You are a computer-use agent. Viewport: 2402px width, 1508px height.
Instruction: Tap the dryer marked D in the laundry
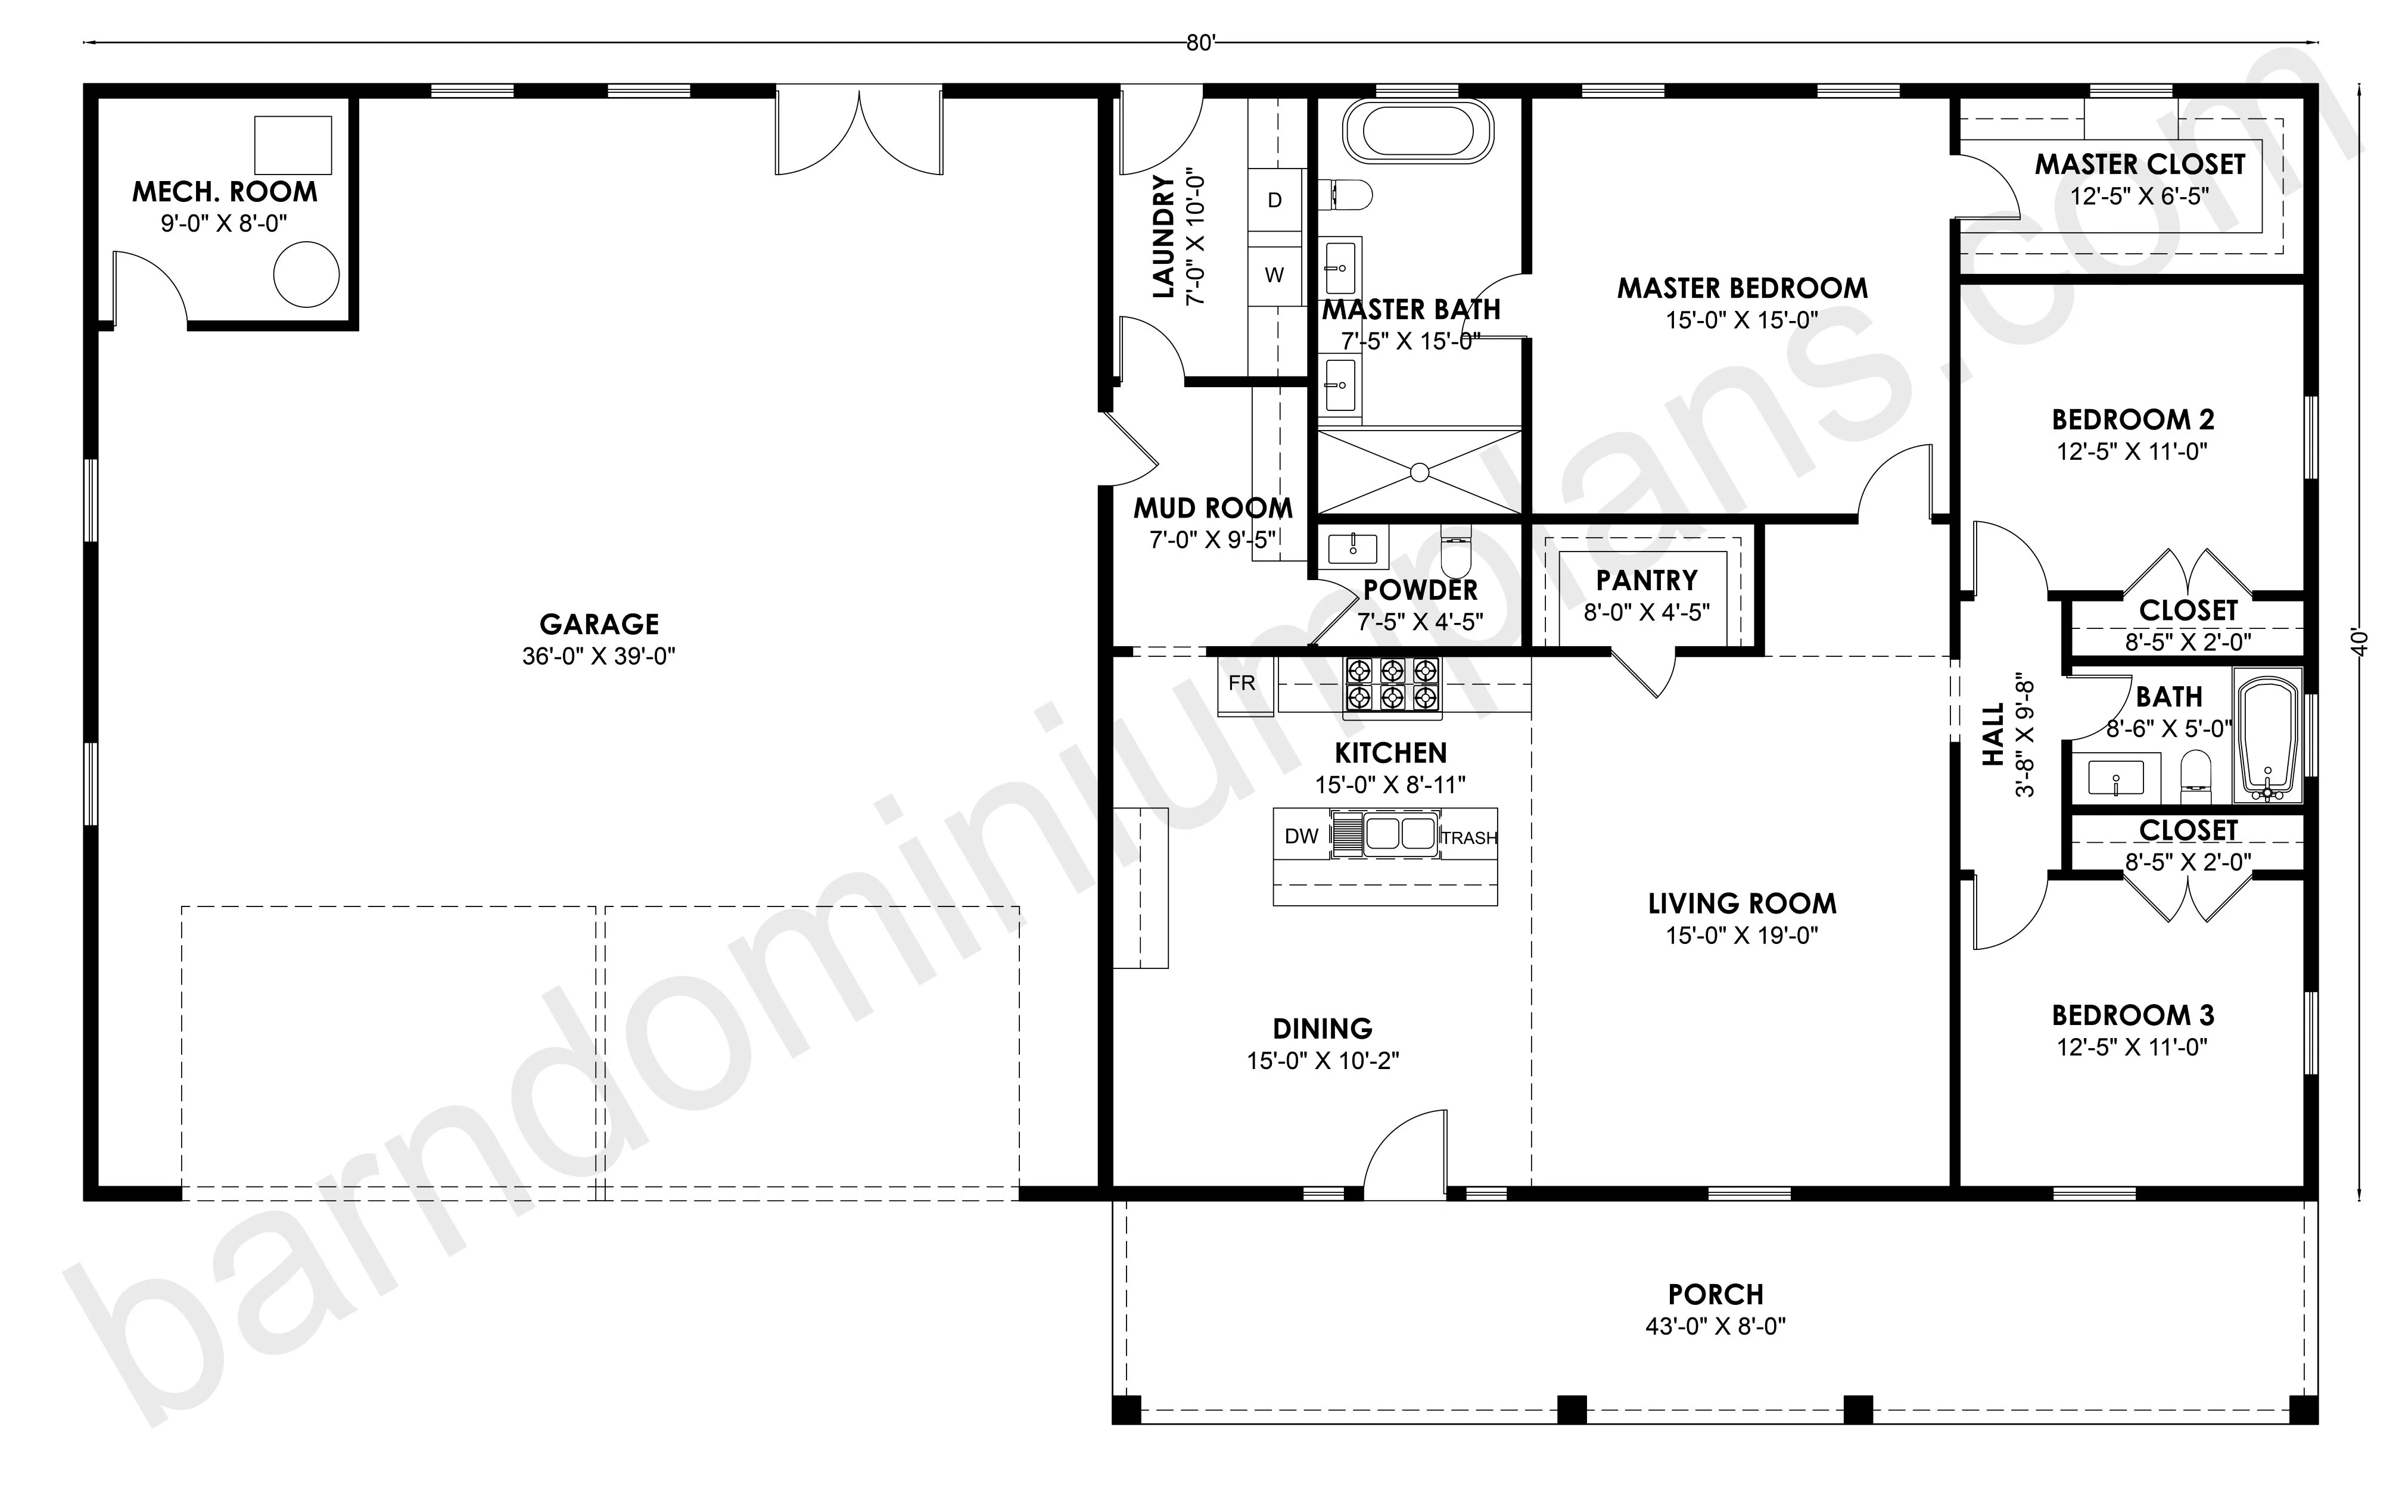pos(1275,201)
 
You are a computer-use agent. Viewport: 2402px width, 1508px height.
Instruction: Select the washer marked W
pos(1275,275)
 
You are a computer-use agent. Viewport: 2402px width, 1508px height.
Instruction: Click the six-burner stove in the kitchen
pos(1392,684)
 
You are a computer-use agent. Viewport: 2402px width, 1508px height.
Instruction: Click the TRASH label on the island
pos(1469,839)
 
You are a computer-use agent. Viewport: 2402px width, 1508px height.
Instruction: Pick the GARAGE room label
pos(599,624)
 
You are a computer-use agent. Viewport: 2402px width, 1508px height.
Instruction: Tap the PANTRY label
pos(1647,581)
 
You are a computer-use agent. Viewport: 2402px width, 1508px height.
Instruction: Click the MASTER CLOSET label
pos(2140,164)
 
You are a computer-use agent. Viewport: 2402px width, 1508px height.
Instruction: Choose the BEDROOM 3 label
pos(2133,1015)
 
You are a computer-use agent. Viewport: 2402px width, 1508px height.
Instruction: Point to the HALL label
pos(1993,735)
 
